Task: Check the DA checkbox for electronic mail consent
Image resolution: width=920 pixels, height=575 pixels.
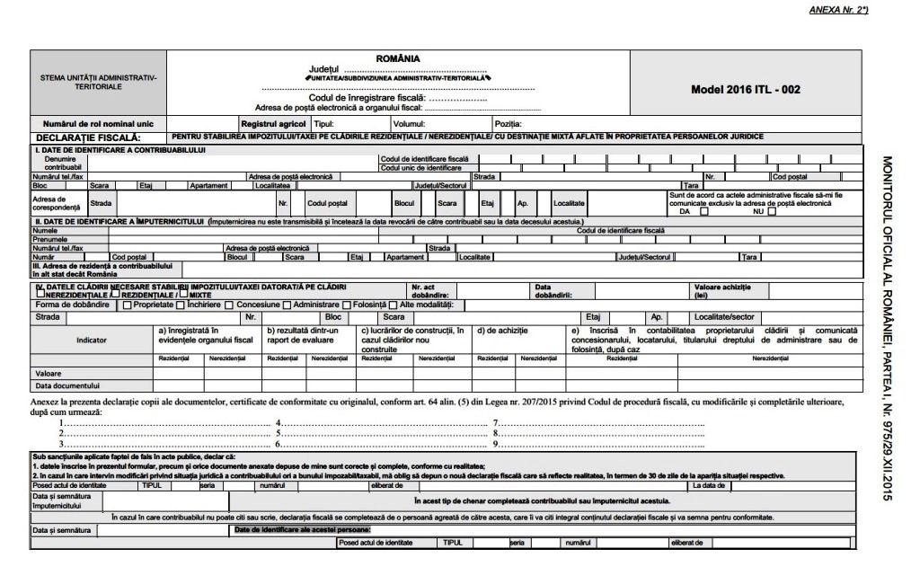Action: [x=704, y=212]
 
